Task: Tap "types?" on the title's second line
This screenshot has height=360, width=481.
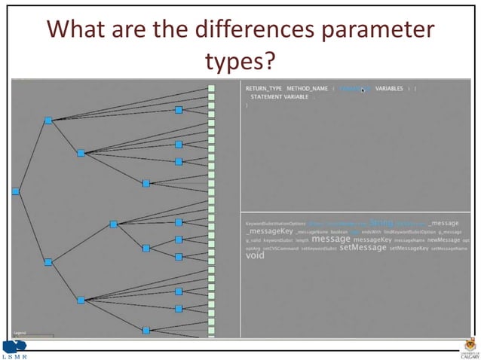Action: click(241, 60)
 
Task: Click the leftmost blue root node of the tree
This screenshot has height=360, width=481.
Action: click(15, 191)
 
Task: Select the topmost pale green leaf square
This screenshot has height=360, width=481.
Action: click(212, 88)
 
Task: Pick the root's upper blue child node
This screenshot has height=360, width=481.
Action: click(48, 121)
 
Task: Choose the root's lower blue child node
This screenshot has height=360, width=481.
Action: click(48, 262)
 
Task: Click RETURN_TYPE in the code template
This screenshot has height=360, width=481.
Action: click(263, 88)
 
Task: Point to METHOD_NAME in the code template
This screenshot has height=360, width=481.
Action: click(307, 88)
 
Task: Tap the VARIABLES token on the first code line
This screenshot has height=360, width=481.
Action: click(389, 88)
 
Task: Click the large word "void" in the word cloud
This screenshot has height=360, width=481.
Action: click(255, 256)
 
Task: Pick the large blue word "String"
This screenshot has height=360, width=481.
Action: click(381, 223)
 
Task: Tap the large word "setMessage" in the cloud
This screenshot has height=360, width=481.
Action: click(363, 247)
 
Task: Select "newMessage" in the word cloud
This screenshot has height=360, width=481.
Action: click(443, 239)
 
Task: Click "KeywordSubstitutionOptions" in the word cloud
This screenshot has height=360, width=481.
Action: click(276, 224)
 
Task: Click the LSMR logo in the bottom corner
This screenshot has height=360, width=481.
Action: click(17, 349)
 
